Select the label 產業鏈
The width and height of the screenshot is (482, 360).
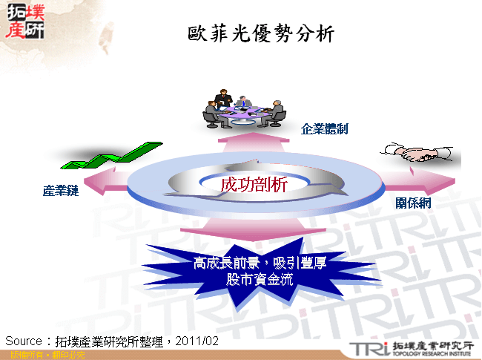point(60,192)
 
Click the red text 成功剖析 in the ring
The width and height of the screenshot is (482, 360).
point(253,185)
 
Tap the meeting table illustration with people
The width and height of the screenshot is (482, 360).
point(244,108)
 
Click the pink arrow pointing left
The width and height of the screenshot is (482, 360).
point(104,180)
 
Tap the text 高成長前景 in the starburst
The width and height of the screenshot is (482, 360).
point(224,263)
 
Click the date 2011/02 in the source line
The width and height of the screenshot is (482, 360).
point(199,341)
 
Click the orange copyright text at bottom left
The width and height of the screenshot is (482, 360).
point(44,355)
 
